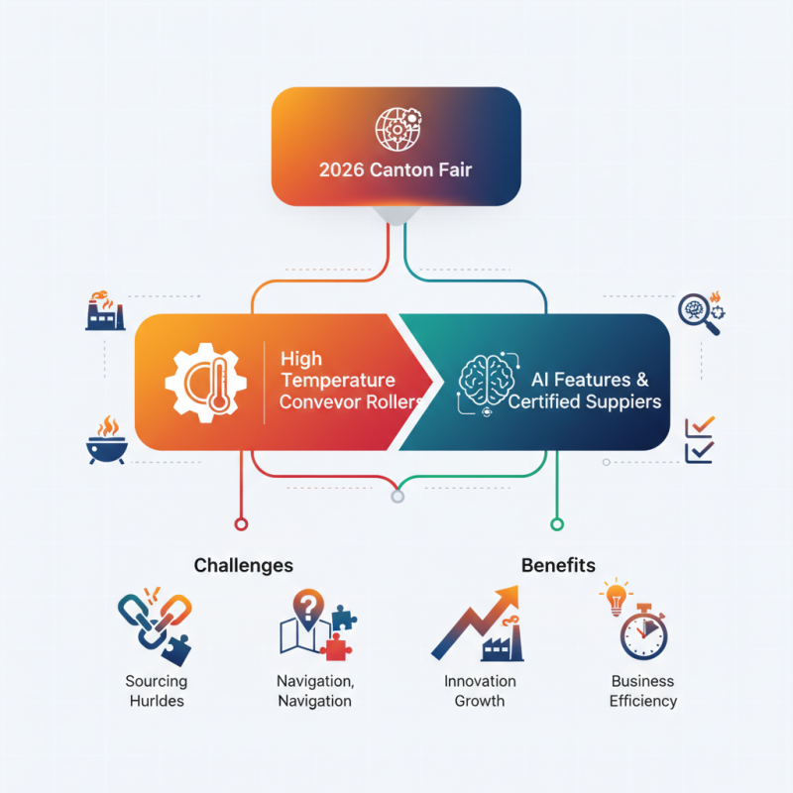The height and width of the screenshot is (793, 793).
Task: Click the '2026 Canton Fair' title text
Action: coord(396,170)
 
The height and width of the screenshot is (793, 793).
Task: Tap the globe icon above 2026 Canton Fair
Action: coord(396,129)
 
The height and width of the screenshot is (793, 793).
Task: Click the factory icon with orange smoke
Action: coord(104,310)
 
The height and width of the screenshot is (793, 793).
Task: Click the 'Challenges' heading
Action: coord(244,565)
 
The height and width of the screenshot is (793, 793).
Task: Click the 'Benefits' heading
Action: coord(558,565)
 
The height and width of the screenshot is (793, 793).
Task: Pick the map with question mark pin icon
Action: coord(314,623)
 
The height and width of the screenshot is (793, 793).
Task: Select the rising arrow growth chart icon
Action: coord(479,623)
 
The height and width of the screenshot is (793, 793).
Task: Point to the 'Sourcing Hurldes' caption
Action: coord(156,691)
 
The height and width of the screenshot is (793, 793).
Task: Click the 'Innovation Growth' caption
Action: coord(480,691)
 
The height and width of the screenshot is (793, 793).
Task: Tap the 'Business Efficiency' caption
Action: coord(643,691)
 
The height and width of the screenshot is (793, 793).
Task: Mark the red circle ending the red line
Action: coord(238,523)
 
